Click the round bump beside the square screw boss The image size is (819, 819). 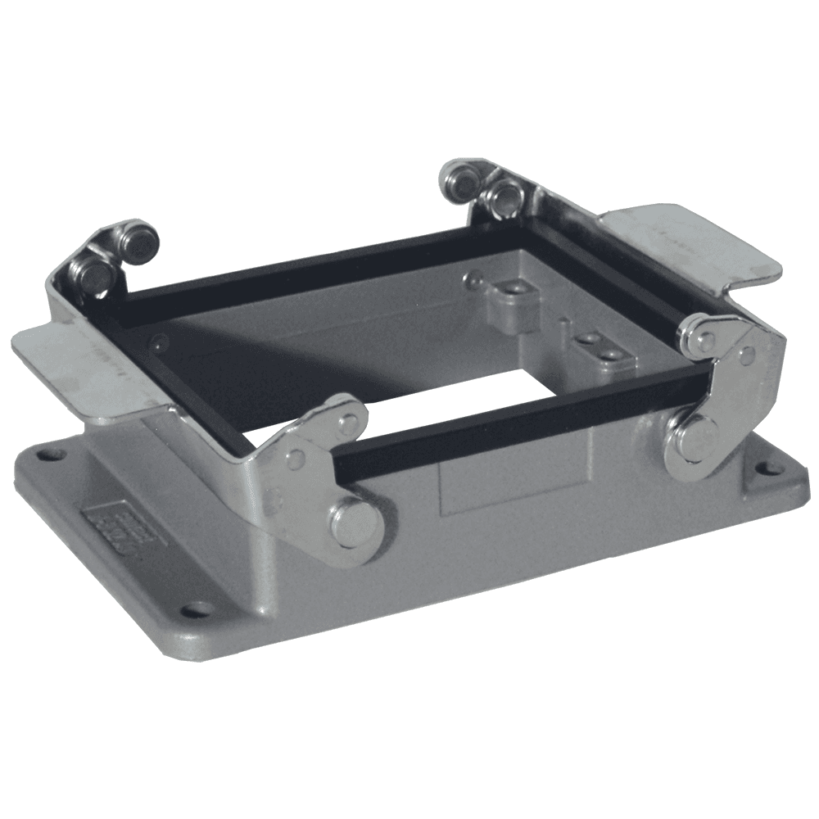[473, 281]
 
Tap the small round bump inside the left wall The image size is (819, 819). [161, 343]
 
